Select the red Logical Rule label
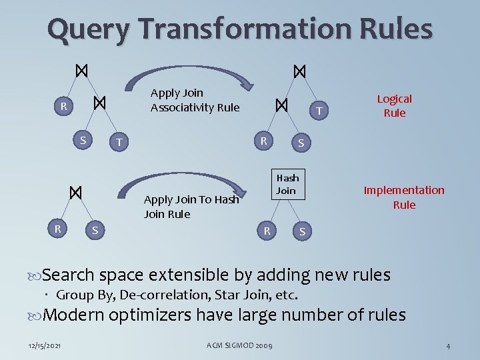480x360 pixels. click(x=394, y=105)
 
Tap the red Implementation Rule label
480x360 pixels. click(x=403, y=197)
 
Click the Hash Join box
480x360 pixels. click(x=287, y=184)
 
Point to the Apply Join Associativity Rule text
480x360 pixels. click(x=194, y=100)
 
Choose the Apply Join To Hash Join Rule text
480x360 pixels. click(x=191, y=207)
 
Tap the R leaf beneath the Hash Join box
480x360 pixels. click(x=266, y=231)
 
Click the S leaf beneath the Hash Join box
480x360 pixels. click(x=302, y=232)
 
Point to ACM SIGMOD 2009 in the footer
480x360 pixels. click(x=239, y=345)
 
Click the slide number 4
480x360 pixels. click(x=448, y=346)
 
